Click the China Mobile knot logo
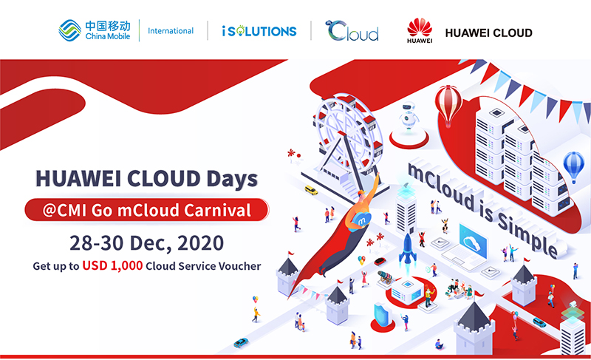pyautogui.click(x=69, y=30)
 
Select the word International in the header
pyautogui.click(x=171, y=31)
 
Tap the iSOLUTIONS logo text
pyautogui.click(x=259, y=31)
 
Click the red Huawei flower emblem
pyautogui.click(x=420, y=27)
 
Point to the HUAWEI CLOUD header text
pyautogui.click(x=489, y=33)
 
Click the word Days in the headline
pyautogui.click(x=232, y=179)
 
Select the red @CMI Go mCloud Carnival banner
pyautogui.click(x=146, y=210)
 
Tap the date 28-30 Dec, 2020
pyautogui.click(x=146, y=242)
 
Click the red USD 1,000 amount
pyautogui.click(x=112, y=265)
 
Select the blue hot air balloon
pyautogui.click(x=574, y=166)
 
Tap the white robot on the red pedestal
pyautogui.click(x=409, y=116)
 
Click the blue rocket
pyautogui.click(x=408, y=249)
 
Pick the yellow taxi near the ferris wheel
pyautogui.click(x=311, y=190)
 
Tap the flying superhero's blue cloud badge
pyautogui.click(x=361, y=220)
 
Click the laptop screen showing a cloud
pyautogui.click(x=473, y=242)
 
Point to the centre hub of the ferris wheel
pyautogui.click(x=342, y=134)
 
